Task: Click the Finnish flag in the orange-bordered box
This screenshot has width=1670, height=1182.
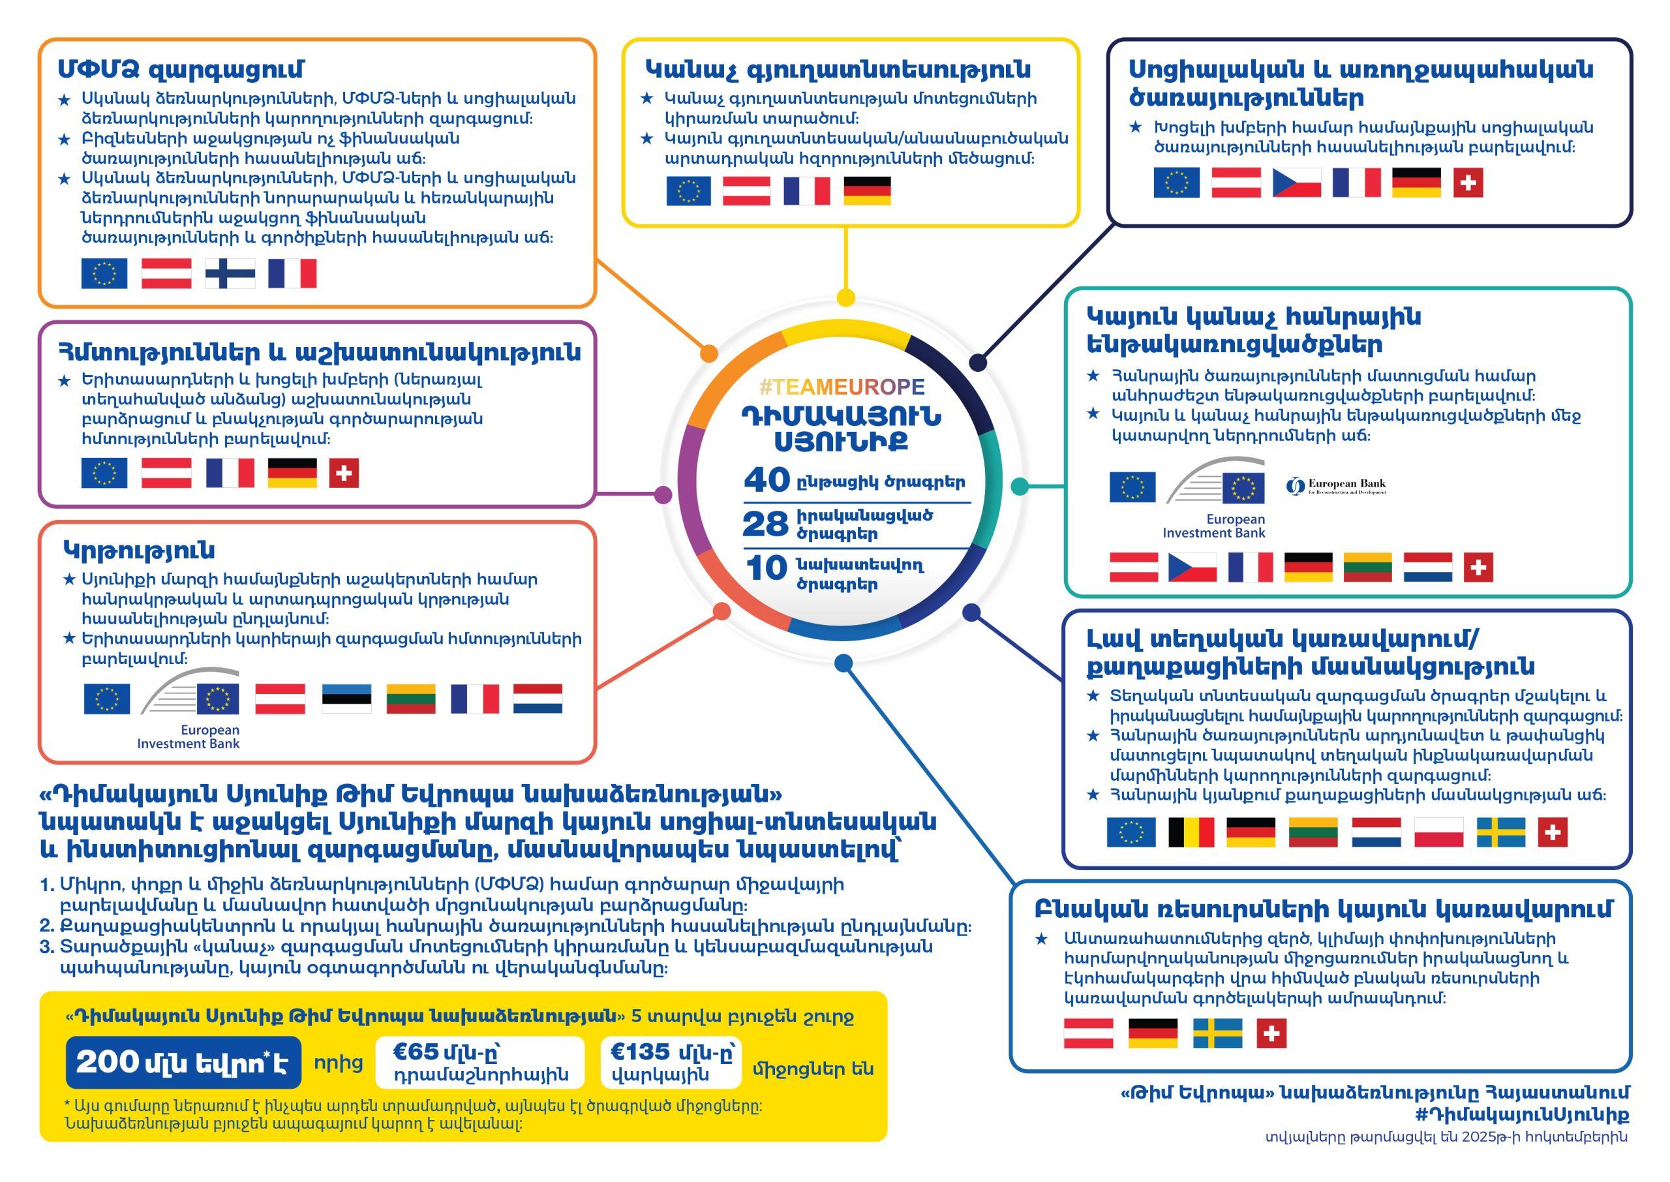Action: (x=230, y=274)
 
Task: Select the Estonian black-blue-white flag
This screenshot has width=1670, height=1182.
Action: (x=346, y=699)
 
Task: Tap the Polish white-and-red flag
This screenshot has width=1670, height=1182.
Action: (x=1438, y=832)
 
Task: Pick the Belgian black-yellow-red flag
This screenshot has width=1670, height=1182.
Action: (x=1191, y=832)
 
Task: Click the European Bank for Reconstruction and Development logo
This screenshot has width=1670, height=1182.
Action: (x=1336, y=486)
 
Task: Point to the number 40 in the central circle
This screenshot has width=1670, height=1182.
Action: (x=767, y=480)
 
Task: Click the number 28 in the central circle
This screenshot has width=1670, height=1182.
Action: (x=765, y=524)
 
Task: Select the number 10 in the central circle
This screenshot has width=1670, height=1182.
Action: (x=767, y=568)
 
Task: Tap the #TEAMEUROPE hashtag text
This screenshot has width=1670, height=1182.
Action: (x=842, y=386)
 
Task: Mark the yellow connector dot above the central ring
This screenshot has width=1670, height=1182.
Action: (x=845, y=297)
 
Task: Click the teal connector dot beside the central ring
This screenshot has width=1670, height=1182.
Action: (x=1020, y=487)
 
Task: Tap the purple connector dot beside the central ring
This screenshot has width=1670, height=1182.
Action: (x=663, y=495)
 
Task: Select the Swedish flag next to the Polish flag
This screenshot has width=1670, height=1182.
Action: (x=1501, y=832)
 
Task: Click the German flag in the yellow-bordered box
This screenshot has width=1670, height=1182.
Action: (x=867, y=190)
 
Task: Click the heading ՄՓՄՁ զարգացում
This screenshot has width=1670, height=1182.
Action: (x=181, y=69)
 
